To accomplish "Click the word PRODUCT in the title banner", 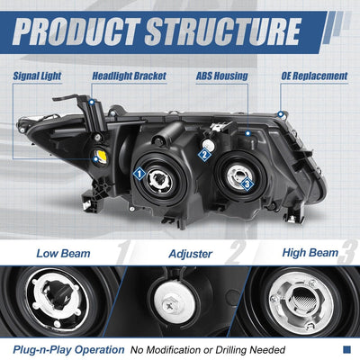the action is (76, 31).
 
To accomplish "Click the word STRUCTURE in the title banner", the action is (222, 31).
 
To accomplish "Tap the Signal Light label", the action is (37, 76).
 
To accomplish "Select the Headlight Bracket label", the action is (129, 76).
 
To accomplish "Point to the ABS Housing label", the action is (222, 76).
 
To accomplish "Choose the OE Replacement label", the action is (314, 76).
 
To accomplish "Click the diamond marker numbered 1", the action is (139, 174).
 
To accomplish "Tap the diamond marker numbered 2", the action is (204, 155).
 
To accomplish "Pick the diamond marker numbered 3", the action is (247, 184).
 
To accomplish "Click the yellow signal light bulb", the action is (100, 155).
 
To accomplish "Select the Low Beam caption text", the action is (63, 254).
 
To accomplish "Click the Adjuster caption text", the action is (191, 254).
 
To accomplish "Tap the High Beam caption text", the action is (310, 253).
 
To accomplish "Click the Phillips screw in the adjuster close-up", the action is (169, 306).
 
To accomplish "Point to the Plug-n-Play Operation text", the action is (68, 350).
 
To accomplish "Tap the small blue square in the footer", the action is (346, 349).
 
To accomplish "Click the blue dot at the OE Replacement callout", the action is (281, 114).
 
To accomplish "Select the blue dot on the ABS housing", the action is (247, 133).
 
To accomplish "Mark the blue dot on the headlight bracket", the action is (92, 103).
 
